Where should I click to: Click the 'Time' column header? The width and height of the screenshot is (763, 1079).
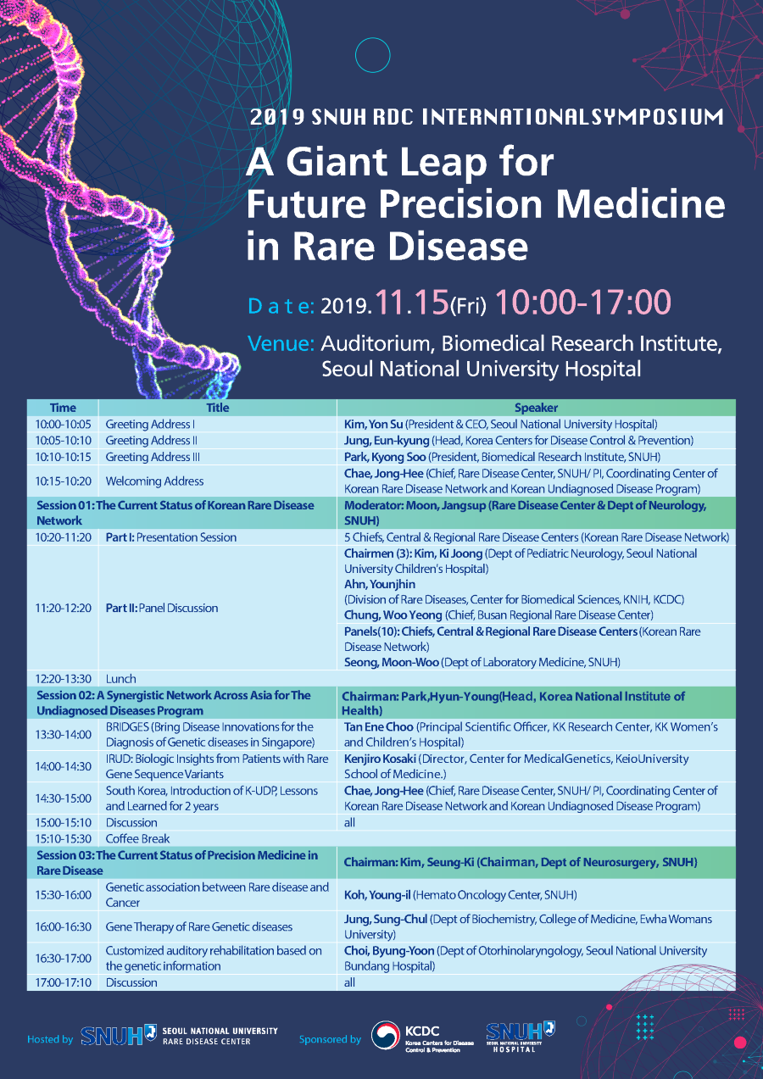coord(63,408)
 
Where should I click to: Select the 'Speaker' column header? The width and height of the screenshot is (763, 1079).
coord(536,408)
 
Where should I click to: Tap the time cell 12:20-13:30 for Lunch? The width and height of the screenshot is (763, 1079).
coord(63,679)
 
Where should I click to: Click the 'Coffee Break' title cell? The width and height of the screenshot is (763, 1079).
coord(137,838)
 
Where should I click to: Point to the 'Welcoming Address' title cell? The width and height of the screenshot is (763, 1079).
coord(154,481)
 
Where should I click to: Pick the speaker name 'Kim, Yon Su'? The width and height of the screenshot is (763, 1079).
coord(373,425)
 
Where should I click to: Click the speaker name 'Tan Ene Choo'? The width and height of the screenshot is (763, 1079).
coord(379,727)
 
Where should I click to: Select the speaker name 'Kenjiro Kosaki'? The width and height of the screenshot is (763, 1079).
coord(380,759)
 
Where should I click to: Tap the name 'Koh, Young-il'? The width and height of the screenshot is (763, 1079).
coord(377,895)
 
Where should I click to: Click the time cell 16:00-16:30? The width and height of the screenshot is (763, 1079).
coord(63,926)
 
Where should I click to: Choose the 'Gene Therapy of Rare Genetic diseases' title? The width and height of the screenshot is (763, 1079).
coord(199,926)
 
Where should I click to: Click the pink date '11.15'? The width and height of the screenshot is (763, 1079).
coord(412,303)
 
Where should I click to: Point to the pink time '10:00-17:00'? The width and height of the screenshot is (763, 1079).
coord(583,303)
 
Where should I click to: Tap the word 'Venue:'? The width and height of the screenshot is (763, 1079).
coord(281,343)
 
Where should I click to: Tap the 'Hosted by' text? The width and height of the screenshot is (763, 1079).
coord(50,1039)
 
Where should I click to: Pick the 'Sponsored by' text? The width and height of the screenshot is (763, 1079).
coord(330,1039)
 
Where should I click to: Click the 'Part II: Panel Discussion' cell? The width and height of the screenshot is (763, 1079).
coord(162,608)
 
